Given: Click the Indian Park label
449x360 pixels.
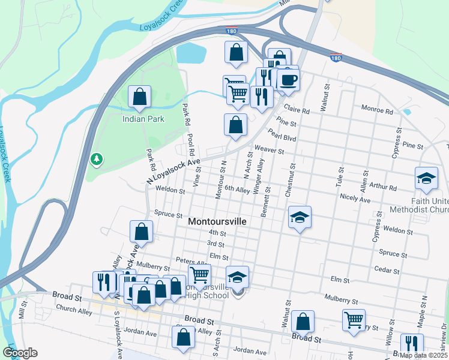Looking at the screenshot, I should coord(143,119).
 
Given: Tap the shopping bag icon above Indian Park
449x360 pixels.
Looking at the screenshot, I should coord(139,97).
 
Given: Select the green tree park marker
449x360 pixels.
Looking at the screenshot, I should coord(95,159).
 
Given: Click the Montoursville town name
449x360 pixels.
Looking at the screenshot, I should coord(217,221).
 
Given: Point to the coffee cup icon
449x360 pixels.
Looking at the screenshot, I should coord(288,80).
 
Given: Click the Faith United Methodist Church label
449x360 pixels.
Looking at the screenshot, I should coord(418,205).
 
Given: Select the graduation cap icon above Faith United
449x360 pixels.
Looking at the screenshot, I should coord(426,178).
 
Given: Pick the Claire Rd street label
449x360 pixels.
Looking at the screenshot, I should coord(297,110).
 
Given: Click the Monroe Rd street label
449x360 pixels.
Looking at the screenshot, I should coord(376,111).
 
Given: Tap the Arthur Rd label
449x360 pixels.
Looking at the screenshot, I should coord(384,187).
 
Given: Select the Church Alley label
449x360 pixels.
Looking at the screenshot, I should coord(74,311).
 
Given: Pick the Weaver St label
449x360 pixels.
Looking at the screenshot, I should coord(269,149).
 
